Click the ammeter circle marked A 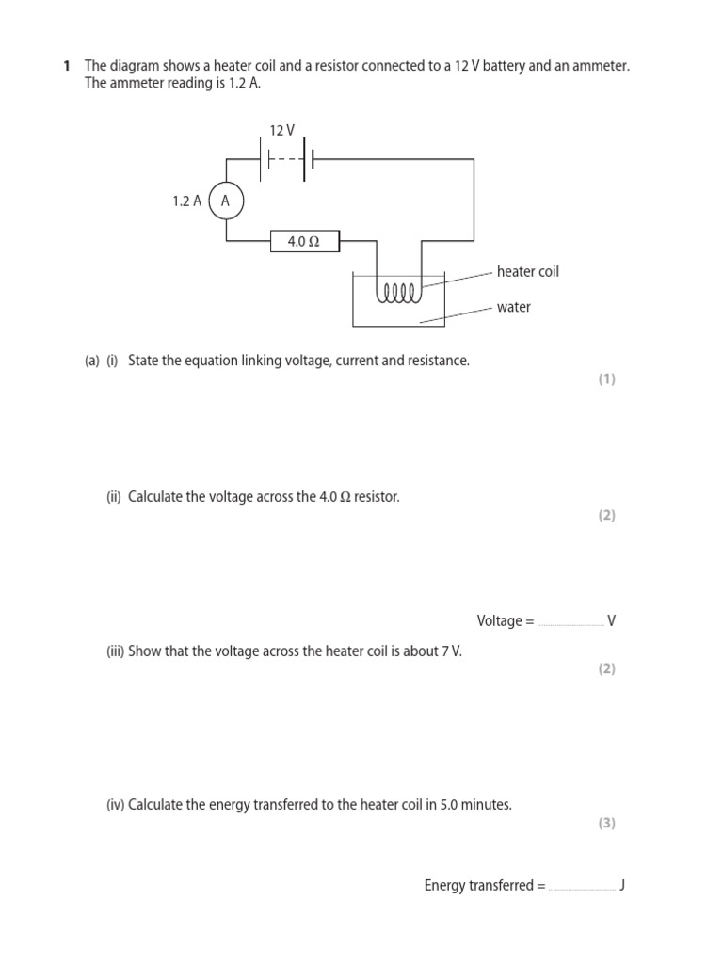tap(226, 201)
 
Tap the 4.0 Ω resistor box tap(305, 241)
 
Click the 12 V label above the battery tap(281, 131)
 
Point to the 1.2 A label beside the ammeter tap(186, 201)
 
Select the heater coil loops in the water tap(399, 293)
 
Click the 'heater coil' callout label tap(527, 271)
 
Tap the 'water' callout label tap(514, 307)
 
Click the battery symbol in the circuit tap(286, 160)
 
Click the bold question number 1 tap(67, 66)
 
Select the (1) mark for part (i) tap(606, 379)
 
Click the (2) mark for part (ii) tap(606, 515)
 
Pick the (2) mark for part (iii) tap(606, 668)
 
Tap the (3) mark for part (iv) tap(606, 823)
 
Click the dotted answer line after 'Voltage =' tap(570, 623)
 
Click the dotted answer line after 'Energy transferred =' tap(582, 888)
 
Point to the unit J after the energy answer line tap(622, 885)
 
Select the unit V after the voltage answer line tap(612, 620)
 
